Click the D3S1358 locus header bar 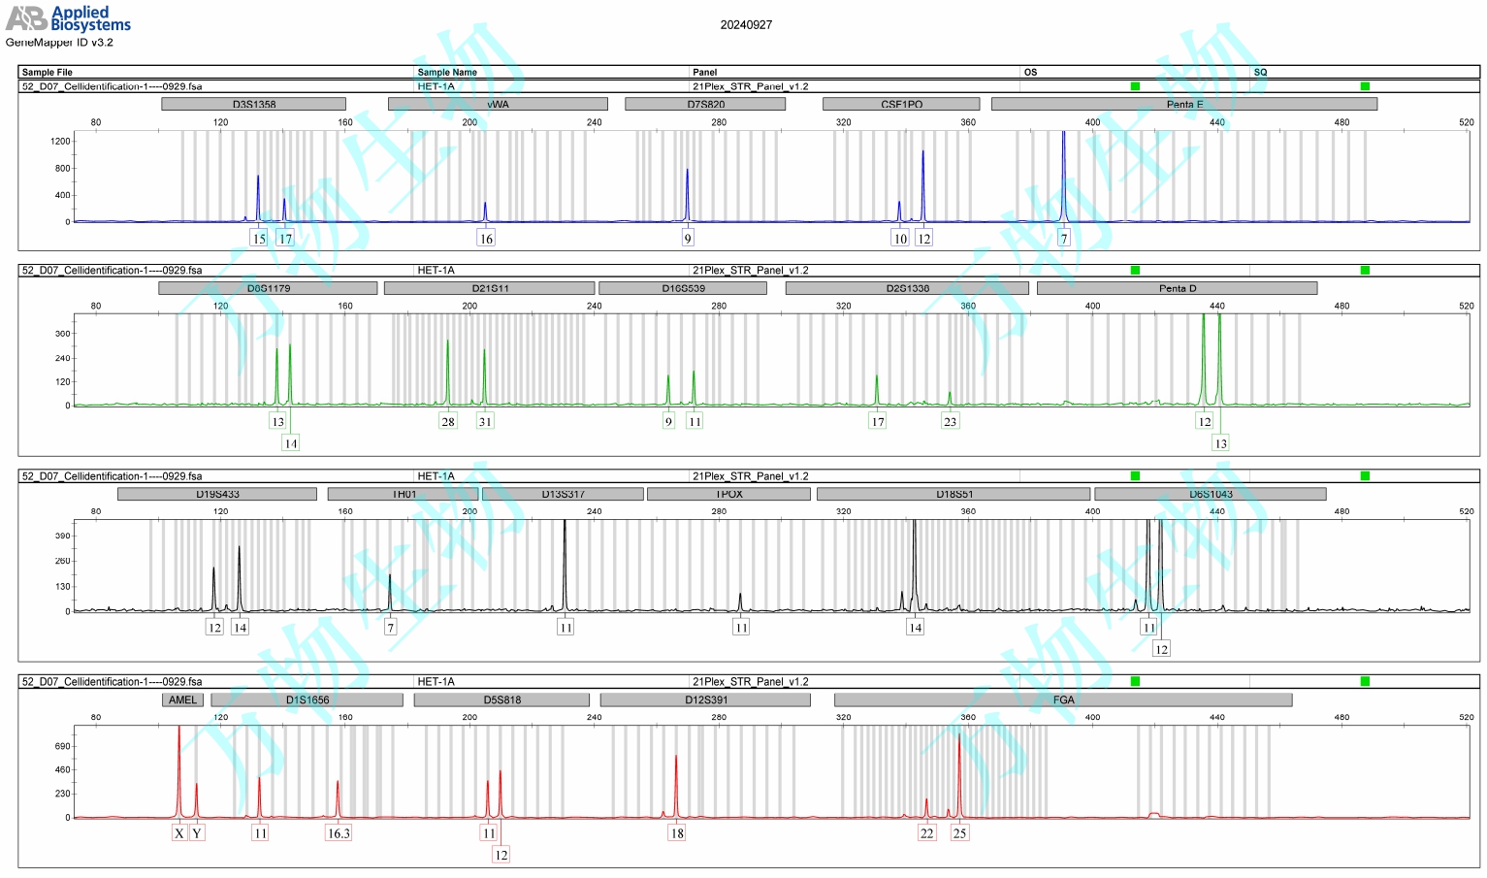[253, 104]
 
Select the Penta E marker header [1183, 104]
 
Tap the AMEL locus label [182, 699]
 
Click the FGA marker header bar [1063, 699]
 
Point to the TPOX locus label [728, 494]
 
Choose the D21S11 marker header [490, 288]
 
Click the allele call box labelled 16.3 [339, 832]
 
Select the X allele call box [179, 832]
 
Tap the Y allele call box [197, 832]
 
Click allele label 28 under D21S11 [447, 421]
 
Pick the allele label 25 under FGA [959, 832]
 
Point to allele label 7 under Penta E [1063, 239]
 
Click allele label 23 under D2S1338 [950, 421]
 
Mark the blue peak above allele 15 [258, 189]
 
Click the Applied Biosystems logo [68, 17]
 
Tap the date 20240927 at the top [746, 24]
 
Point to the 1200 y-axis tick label [60, 141]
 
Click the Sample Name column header [447, 72]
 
